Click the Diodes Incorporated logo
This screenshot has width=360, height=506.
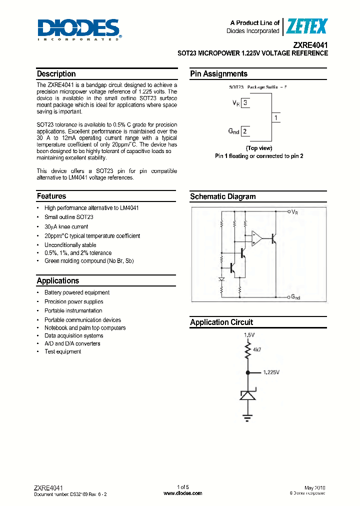(x=79, y=29)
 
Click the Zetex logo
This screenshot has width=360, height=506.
(x=306, y=26)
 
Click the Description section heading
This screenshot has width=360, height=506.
(x=56, y=74)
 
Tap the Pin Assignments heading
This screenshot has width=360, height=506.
(x=218, y=74)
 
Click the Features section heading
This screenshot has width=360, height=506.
(x=51, y=196)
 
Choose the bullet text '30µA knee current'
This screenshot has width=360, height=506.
(x=66, y=226)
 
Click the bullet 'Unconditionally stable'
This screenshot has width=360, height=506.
(x=70, y=245)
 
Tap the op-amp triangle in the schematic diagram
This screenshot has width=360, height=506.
(x=256, y=238)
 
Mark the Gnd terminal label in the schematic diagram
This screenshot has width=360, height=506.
(x=295, y=297)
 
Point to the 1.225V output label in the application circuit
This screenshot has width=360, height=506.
(x=270, y=372)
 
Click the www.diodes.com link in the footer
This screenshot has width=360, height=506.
(x=183, y=493)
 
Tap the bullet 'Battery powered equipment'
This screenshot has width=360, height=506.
(x=76, y=292)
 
